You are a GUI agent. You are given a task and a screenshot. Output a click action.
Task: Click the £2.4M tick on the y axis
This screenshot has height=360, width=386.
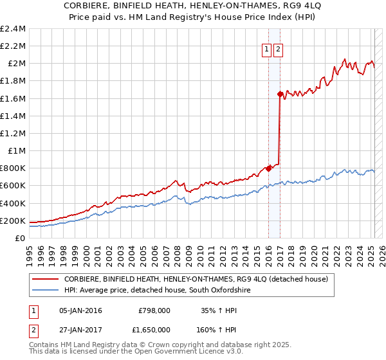click(14, 29)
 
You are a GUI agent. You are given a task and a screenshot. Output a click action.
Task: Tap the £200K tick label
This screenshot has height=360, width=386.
click(14, 221)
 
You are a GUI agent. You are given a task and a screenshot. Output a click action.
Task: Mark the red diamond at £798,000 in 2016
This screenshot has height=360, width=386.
click(268, 168)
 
